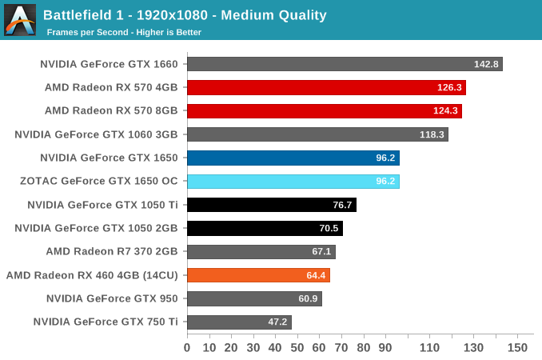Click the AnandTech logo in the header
coord(20,20)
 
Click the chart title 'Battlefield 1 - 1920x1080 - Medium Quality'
coord(185,14)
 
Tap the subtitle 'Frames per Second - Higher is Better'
coord(124,32)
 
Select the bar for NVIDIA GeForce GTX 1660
coord(344,64)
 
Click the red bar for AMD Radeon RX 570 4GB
coord(325,87)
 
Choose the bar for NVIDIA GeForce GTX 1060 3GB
coord(317,134)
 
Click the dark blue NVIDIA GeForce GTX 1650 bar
coord(293,158)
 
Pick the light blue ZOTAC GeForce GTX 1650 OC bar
coord(293,182)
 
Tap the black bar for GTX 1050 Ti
coord(271,205)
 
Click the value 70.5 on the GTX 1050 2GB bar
coord(329,228)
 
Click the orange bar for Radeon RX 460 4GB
coord(257,275)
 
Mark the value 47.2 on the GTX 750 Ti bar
coord(277,322)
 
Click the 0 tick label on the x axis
coord(187,347)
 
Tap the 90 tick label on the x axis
coord(385,347)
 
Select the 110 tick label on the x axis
coord(429,347)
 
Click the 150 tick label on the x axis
coord(517,347)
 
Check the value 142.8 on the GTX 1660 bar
coord(485,64)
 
